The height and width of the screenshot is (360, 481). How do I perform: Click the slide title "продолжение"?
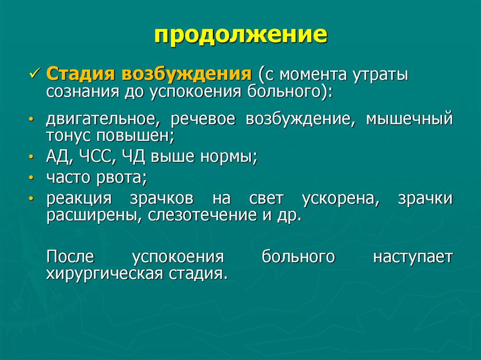(240, 35)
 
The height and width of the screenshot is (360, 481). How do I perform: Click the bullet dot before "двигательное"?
(31, 119)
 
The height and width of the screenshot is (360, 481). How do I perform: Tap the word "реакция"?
(78, 198)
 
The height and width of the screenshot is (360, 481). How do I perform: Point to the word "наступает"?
(413, 257)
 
